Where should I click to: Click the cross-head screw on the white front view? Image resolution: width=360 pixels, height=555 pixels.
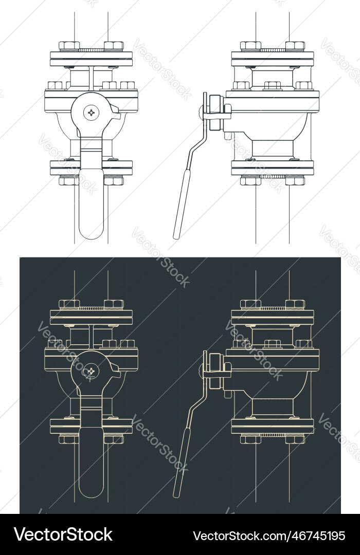pyautogui.click(x=92, y=112)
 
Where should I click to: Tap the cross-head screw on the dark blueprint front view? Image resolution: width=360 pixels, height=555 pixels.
pyautogui.click(x=92, y=370)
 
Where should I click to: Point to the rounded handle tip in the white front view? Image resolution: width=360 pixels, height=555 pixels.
pyautogui.click(x=92, y=231)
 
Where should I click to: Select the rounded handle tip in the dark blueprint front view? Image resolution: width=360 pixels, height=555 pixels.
pyautogui.click(x=92, y=490)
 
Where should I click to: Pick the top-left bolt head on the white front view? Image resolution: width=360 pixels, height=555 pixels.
pyautogui.click(x=69, y=45)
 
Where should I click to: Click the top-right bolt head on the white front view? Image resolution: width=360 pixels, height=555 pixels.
pyautogui.click(x=114, y=45)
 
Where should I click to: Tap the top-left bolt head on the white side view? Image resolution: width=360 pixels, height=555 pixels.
pyautogui.click(x=250, y=45)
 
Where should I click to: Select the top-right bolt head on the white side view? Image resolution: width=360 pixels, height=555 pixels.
pyautogui.click(x=295, y=45)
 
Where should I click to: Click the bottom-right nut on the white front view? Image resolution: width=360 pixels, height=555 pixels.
pyautogui.click(x=114, y=180)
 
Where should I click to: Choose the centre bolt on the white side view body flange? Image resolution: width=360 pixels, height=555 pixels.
pyautogui.click(x=273, y=85)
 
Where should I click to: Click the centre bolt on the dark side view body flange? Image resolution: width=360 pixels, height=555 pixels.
pyautogui.click(x=273, y=344)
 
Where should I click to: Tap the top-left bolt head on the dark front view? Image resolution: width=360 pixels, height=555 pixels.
pyautogui.click(x=69, y=304)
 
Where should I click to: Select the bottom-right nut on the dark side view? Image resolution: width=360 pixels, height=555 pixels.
pyautogui.click(x=295, y=439)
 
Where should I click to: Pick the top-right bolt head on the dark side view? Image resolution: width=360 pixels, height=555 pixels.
pyautogui.click(x=295, y=304)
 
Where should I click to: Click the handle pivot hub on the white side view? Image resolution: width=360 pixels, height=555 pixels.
pyautogui.click(x=214, y=112)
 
